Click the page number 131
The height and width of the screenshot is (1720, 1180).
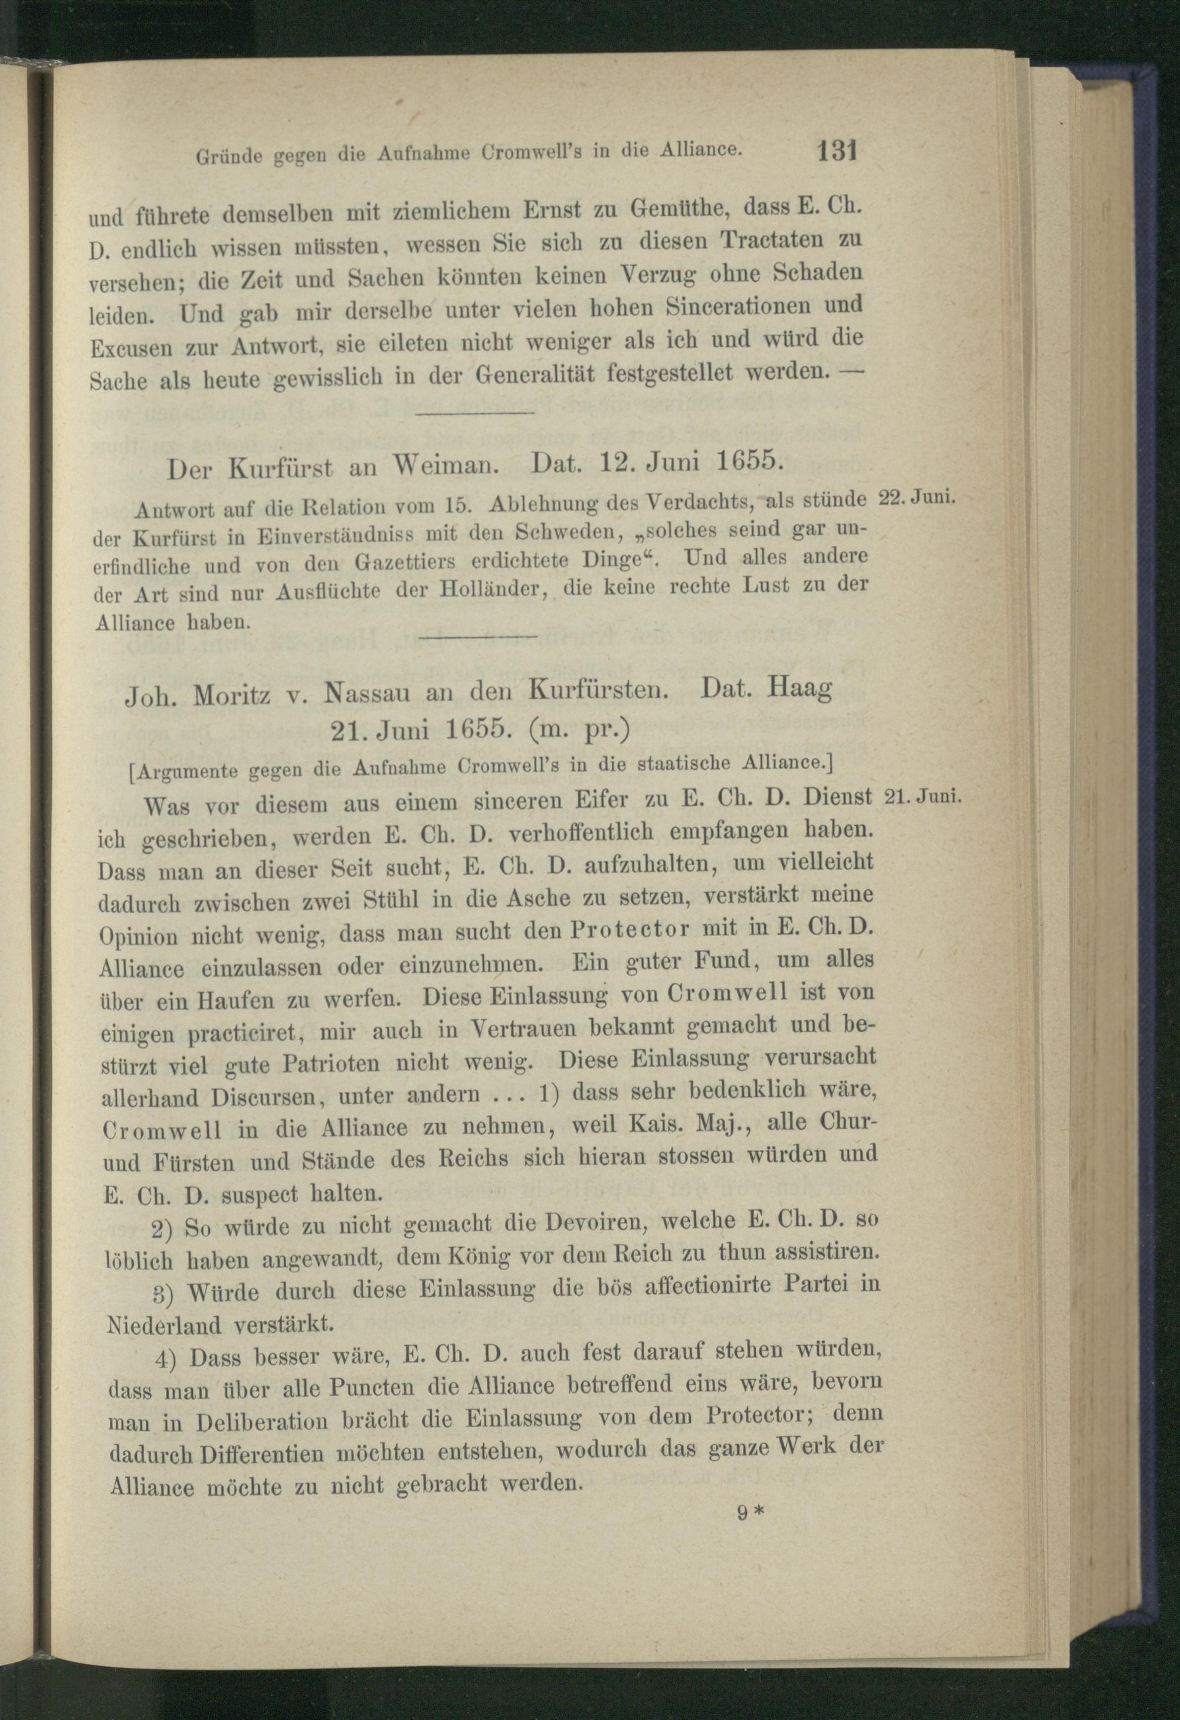(836, 152)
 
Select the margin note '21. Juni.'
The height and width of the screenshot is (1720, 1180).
(922, 796)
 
